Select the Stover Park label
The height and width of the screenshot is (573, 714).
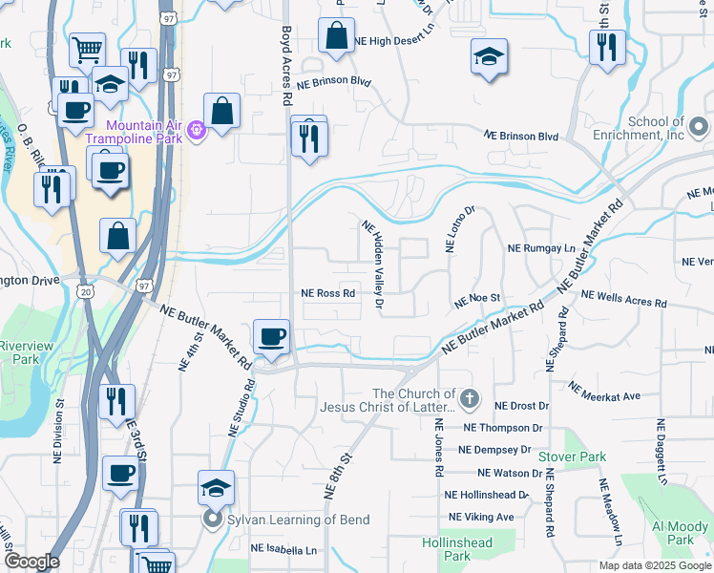(572, 457)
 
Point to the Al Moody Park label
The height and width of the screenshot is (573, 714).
(680, 533)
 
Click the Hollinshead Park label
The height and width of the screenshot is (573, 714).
(446, 548)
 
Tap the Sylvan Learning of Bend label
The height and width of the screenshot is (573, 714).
(298, 520)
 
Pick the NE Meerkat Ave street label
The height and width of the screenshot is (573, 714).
(604, 391)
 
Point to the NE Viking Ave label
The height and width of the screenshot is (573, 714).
(481, 517)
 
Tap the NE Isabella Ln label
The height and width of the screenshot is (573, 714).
(283, 549)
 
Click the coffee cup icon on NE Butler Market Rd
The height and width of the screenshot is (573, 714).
(273, 336)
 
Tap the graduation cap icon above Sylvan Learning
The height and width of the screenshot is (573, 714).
(216, 487)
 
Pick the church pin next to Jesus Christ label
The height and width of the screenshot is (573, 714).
(468, 398)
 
